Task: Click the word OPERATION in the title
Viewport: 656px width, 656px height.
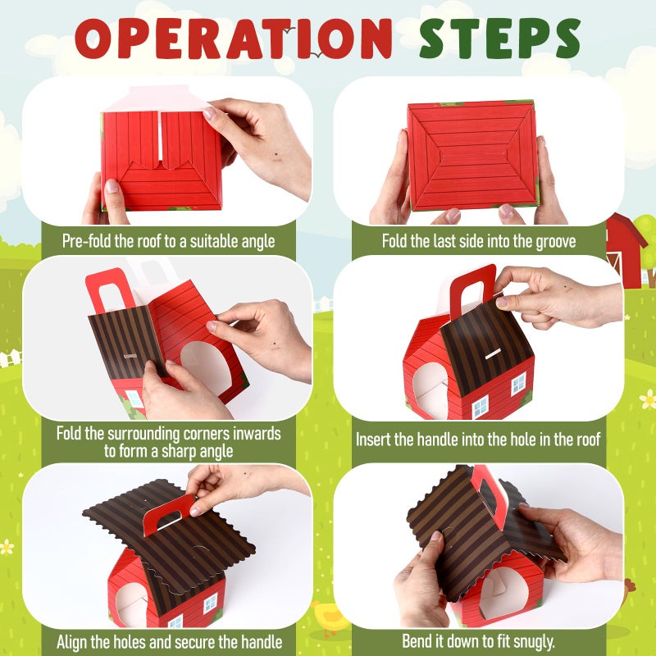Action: [233, 39]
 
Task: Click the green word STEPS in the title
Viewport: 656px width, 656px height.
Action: [500, 39]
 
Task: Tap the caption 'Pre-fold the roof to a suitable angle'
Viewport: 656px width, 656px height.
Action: [168, 241]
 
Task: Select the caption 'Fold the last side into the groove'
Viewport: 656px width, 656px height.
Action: [479, 241]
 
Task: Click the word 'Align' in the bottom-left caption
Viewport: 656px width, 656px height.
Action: [71, 642]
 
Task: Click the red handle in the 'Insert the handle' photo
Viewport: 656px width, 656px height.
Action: [472, 289]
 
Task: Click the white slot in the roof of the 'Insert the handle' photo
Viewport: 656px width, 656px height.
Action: [494, 354]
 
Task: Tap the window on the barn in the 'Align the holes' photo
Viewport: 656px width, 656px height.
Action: [210, 604]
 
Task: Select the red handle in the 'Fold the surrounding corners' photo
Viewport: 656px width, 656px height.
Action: [110, 291]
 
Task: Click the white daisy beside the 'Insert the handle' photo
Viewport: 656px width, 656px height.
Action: [648, 399]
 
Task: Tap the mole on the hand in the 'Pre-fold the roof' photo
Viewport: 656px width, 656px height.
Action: [276, 158]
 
